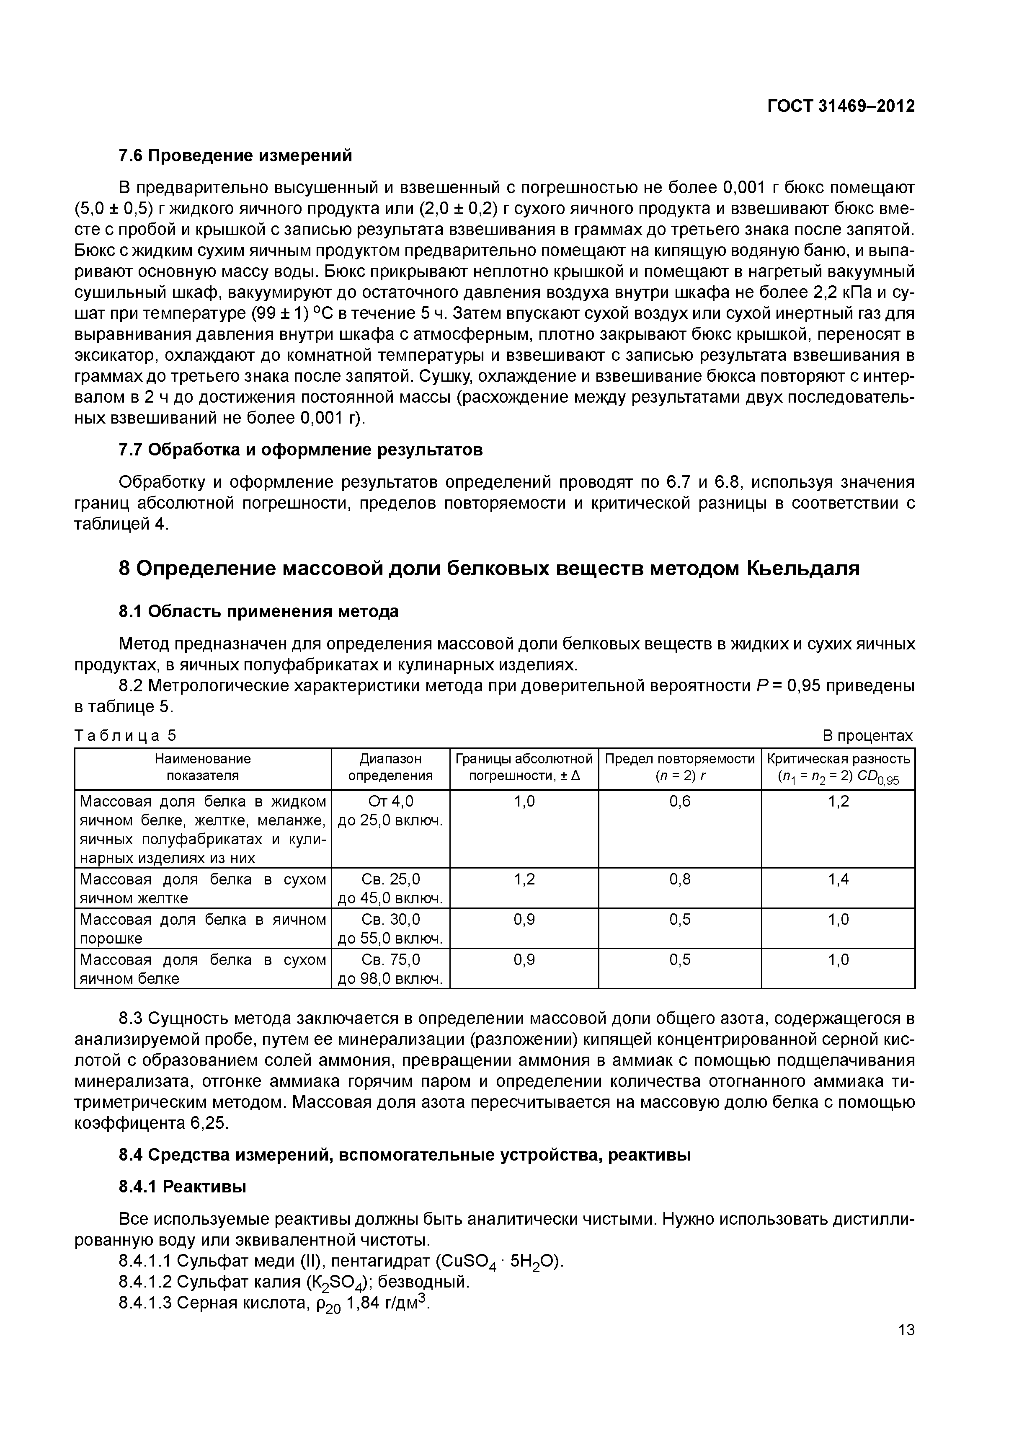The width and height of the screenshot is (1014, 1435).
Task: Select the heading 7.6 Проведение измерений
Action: pyautogui.click(x=235, y=155)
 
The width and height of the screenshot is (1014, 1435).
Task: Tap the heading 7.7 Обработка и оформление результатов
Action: pyautogui.click(x=300, y=450)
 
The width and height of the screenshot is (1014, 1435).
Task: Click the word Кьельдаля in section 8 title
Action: pyautogui.click(x=803, y=568)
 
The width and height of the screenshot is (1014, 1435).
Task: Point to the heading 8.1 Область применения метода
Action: pyautogui.click(x=259, y=610)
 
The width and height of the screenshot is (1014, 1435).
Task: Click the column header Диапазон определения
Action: pyautogui.click(x=390, y=767)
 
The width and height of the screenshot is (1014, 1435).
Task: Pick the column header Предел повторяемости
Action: pyautogui.click(x=680, y=767)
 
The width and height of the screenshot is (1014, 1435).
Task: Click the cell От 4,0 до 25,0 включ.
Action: pyautogui.click(x=390, y=811)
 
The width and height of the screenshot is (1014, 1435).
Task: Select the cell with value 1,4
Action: pyautogui.click(x=838, y=880)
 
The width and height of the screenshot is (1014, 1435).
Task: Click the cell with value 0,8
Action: pyautogui.click(x=680, y=880)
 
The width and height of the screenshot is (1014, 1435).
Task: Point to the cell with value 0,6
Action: pyautogui.click(x=680, y=801)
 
